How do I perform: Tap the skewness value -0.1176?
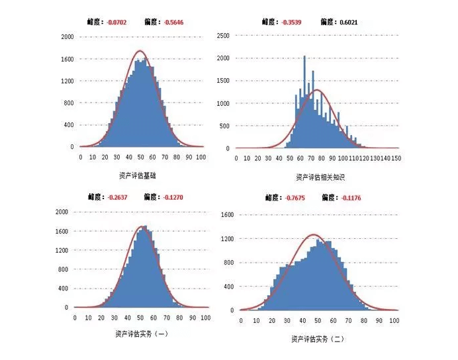click(351, 197)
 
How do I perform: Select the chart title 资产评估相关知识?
click(320, 177)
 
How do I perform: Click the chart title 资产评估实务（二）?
click(318, 339)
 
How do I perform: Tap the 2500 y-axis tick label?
click(222, 35)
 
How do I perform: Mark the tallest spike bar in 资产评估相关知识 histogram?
click(304, 56)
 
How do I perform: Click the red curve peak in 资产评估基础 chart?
click(140, 51)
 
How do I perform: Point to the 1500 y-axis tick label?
click(222, 81)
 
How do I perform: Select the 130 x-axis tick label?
click(375, 159)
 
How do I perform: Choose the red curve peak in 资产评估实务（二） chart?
click(314, 234)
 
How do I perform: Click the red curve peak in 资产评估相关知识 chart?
click(318, 89)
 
